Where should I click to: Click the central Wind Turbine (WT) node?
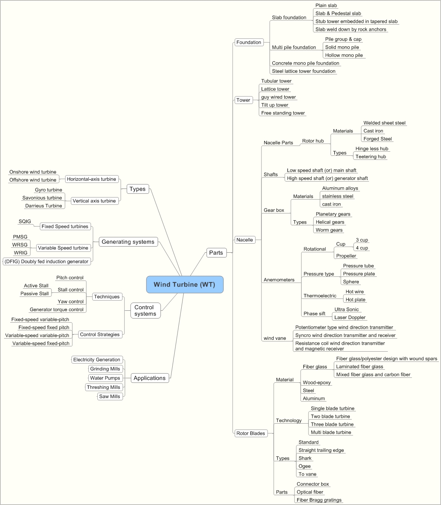click(x=184, y=285)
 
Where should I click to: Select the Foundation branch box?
click(x=249, y=42)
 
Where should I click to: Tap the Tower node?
click(x=243, y=100)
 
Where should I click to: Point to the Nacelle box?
click(x=245, y=240)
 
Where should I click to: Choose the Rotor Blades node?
click(x=251, y=433)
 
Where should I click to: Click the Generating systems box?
click(x=128, y=242)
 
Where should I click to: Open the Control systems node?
click(x=145, y=310)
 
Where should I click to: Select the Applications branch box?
click(x=149, y=378)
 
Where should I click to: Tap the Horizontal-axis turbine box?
click(x=92, y=179)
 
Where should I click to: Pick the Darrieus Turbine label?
click(x=43, y=206)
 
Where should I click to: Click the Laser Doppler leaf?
click(x=350, y=317)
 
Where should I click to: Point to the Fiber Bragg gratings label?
click(x=319, y=500)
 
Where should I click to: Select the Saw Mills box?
click(x=109, y=396)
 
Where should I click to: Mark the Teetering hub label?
click(x=371, y=157)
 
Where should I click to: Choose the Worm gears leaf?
click(x=329, y=230)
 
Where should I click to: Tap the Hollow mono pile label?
click(x=344, y=55)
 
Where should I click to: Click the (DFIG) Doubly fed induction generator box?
click(x=46, y=261)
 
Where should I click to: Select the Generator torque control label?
click(x=56, y=310)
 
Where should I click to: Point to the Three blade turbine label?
click(x=332, y=424)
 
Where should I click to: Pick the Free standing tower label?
click(x=283, y=113)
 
